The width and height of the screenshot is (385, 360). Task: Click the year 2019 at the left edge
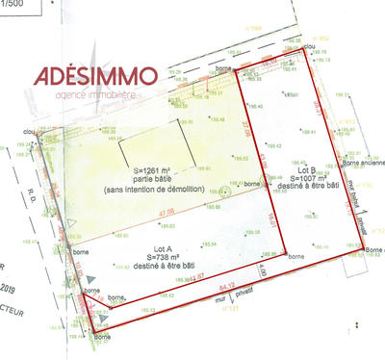coord(10,286)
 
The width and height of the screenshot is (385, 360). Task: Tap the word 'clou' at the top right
coord(310,45)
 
